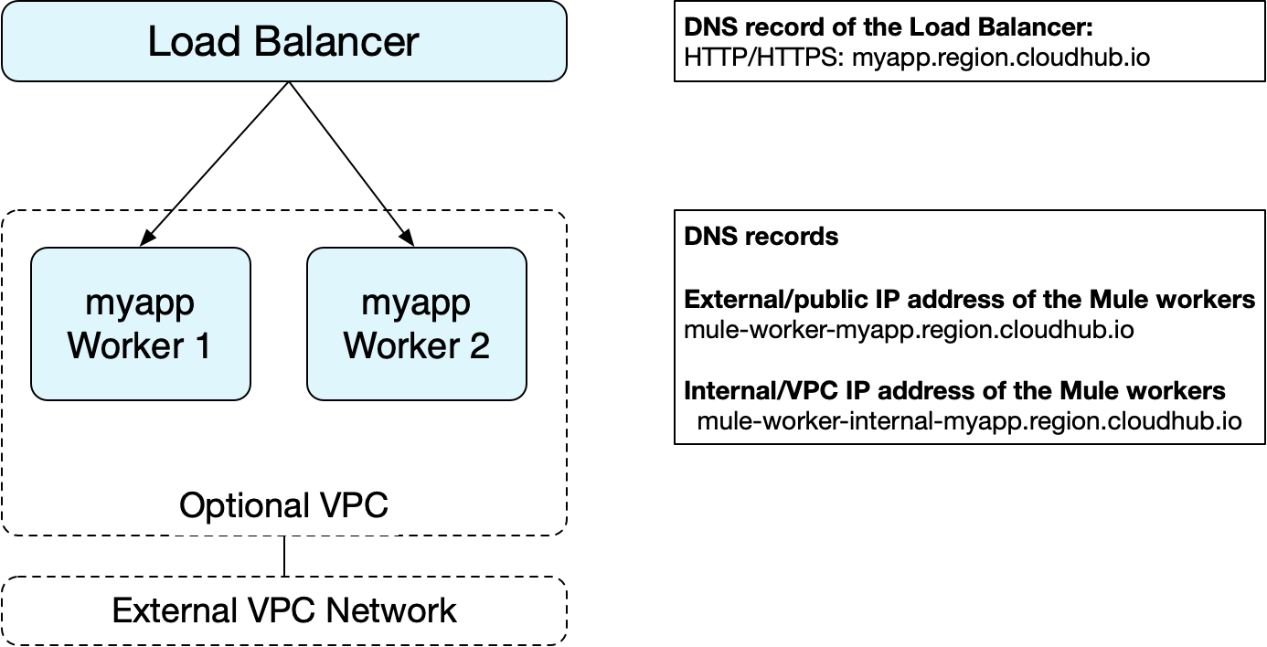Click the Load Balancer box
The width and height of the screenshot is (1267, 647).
point(283,42)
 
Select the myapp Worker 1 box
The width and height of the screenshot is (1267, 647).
point(140,324)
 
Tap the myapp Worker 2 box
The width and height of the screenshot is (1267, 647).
point(416,324)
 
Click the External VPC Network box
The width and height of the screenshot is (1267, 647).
point(283,610)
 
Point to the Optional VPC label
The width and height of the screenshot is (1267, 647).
point(283,505)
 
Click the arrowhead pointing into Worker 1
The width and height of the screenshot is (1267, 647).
point(145,240)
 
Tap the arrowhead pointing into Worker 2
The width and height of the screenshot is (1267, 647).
point(409,240)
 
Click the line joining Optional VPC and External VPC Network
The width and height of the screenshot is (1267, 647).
point(284,556)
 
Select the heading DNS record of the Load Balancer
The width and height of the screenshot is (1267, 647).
point(889,27)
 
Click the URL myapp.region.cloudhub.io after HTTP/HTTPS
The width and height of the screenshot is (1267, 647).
point(1001,58)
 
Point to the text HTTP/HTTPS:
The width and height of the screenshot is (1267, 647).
point(764,58)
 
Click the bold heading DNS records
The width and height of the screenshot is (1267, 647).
point(761,236)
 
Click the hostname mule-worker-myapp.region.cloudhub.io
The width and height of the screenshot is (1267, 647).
point(909,329)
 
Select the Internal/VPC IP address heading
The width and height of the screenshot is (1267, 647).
point(954,391)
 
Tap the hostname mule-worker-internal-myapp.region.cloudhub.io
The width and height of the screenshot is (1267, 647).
point(969,421)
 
